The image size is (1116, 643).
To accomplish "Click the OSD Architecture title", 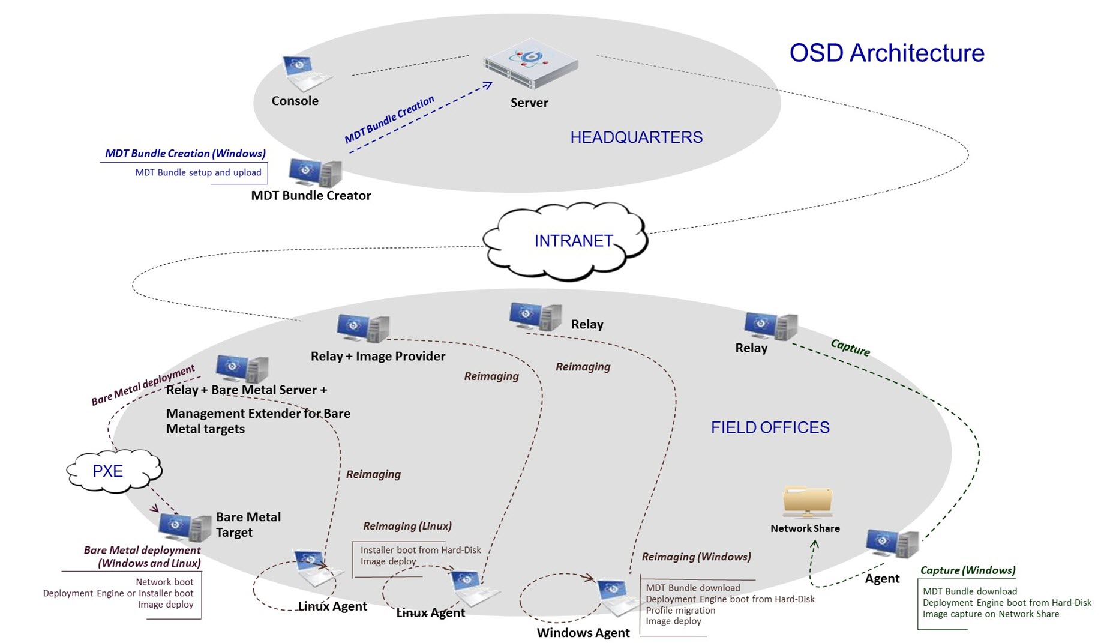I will tap(886, 53).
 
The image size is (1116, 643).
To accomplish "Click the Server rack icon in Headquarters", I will tap(530, 65).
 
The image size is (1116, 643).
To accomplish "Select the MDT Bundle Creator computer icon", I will tap(315, 172).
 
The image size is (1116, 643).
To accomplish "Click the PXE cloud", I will tap(112, 471).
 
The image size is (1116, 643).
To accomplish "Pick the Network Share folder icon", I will tap(807, 501).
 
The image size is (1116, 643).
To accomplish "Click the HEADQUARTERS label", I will tap(636, 137).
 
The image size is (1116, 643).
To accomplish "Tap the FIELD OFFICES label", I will tap(770, 427).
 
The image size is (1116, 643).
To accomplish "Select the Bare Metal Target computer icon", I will tap(184, 527).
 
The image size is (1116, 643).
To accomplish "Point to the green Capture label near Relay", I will tap(850, 347).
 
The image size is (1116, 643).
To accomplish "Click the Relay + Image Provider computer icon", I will tap(362, 328).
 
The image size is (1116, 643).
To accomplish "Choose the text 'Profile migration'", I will tap(680, 610).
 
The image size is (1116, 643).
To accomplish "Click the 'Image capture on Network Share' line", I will tap(991, 614).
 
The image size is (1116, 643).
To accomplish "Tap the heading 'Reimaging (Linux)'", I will tap(407, 526).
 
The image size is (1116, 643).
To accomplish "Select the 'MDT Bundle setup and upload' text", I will tap(198, 172).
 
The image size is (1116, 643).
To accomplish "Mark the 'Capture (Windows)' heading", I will tap(967, 570).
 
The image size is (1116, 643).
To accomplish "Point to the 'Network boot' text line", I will tap(164, 582).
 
